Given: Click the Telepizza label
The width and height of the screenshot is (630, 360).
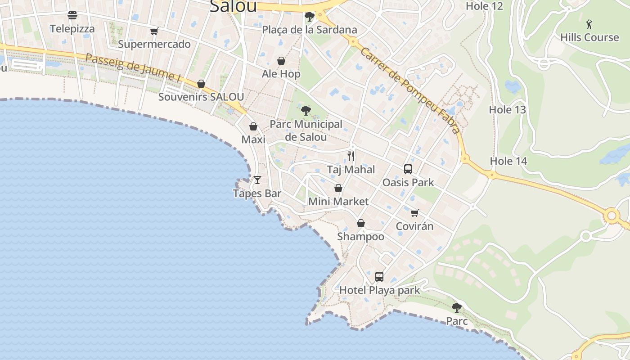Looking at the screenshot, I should pos(72,29).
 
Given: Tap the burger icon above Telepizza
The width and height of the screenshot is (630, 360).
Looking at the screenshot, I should pos(72,15).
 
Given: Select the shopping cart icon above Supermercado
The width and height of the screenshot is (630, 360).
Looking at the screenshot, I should pos(154,31).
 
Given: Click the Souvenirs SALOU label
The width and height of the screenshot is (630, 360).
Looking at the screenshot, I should pos(201,97).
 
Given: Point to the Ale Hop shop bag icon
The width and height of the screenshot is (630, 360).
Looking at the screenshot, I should pos(281,61).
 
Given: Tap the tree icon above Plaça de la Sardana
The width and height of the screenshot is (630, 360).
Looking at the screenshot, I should pos(309,17).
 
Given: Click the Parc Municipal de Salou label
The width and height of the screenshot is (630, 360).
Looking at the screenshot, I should pos(306,130).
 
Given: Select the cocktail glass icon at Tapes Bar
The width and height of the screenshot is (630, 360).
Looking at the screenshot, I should pos(257,180).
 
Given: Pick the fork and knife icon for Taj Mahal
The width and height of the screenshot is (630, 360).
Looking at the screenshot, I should pos(351,156).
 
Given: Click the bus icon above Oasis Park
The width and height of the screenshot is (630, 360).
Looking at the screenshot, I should pos(408,169).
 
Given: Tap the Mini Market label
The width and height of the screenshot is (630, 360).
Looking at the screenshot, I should pos(338,202).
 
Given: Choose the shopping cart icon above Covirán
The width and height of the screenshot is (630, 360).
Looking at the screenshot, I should pos(414,213).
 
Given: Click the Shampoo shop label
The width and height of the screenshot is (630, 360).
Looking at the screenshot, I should pos(361,237).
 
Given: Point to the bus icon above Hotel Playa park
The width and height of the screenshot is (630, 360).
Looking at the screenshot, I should pos(379,276).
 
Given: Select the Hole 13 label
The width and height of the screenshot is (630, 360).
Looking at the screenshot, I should pos(508,110).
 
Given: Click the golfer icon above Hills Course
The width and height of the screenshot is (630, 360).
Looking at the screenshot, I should pos(589,24).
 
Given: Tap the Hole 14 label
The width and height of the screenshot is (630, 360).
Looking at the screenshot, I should pos(508,161).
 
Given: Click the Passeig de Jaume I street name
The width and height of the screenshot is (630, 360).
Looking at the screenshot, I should pos(133,67).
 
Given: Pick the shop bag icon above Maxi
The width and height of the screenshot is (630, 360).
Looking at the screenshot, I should pos(253,126).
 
